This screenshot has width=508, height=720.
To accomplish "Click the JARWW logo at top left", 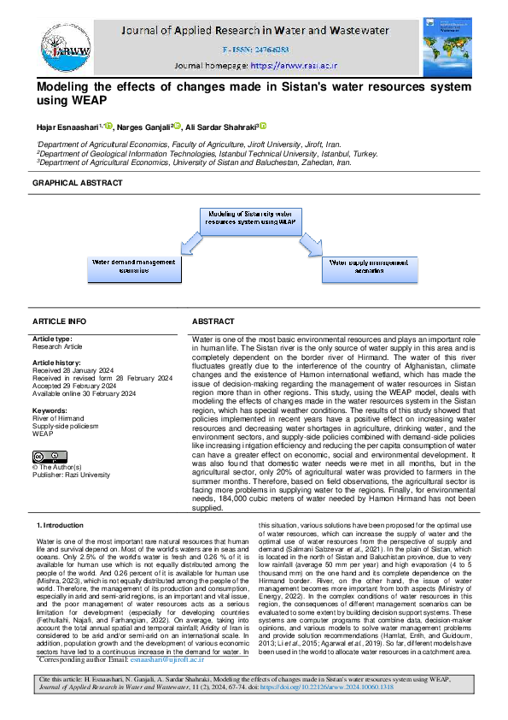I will point(60,42).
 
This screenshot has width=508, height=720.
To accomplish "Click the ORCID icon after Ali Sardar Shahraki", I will point(263,126).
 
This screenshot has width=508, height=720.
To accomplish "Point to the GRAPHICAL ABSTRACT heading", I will point(77,183).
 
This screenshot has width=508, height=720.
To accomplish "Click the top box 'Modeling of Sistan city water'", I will point(253,217).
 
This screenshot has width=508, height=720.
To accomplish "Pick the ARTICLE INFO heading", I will point(59,321).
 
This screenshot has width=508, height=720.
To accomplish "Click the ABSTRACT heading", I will point(213,321).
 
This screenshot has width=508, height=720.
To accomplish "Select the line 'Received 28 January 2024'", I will point(75,370).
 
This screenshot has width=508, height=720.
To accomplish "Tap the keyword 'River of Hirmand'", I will point(59,417).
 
